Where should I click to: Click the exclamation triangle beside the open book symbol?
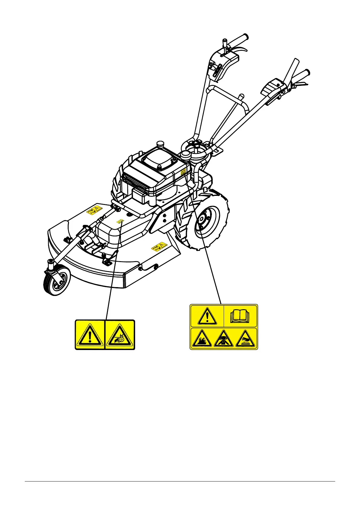point(207,316)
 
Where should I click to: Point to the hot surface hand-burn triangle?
point(245,339)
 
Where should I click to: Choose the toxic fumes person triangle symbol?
point(223,339)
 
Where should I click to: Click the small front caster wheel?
point(57,281)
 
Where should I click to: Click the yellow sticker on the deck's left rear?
point(94,210)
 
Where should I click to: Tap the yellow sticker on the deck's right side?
point(159,246)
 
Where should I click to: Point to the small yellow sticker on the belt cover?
point(120,221)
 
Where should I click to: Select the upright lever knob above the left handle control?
point(225,43)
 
